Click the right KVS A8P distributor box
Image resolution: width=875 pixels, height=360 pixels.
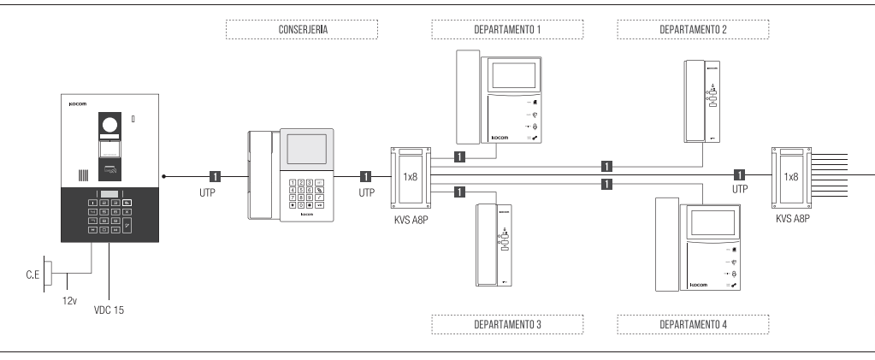pyautogui.click(x=791, y=177)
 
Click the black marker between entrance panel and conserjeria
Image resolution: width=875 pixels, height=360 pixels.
pyautogui.click(x=215, y=177)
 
